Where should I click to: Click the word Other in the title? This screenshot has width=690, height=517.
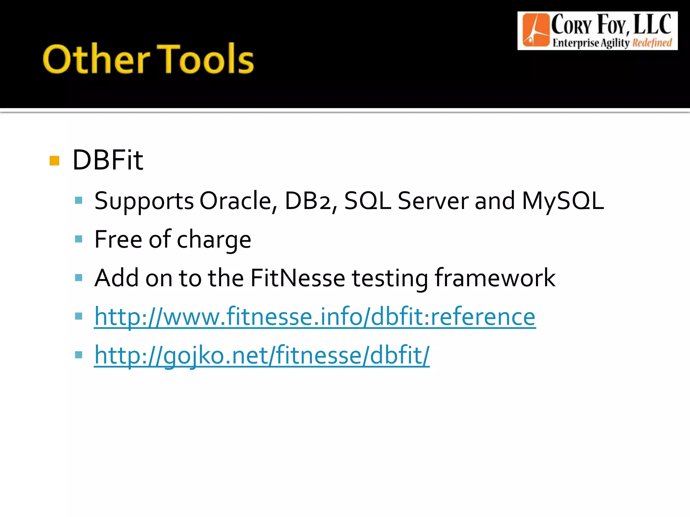coord(96,59)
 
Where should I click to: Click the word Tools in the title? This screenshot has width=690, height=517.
coord(206,59)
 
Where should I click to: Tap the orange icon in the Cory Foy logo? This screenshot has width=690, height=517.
coord(535,30)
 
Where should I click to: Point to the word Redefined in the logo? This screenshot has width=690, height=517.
coord(652,43)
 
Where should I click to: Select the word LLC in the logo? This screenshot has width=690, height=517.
coord(653,25)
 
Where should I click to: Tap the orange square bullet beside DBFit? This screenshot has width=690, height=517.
coord(54,161)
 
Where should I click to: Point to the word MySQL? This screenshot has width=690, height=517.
coord(563,201)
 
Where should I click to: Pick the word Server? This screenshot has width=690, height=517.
coord(433,201)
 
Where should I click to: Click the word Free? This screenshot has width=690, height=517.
coord(118,239)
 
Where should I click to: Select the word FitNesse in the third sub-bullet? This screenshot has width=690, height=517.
coord(297,278)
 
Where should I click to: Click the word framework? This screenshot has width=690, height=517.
coord(495,278)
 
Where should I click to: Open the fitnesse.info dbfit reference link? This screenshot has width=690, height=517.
coord(315,317)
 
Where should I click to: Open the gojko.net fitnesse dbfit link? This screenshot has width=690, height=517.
coord(262,355)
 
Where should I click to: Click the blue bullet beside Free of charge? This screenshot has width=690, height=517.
coord(79,239)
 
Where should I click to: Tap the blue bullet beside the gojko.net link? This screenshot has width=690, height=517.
coord(79,355)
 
